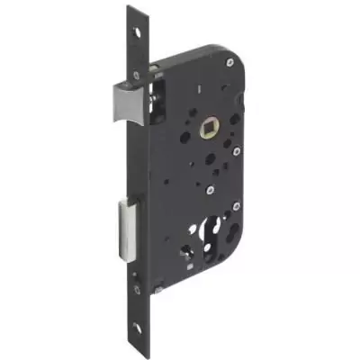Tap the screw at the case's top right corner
coord(230,61)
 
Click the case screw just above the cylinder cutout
coord(208,191)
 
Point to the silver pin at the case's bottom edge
coord(158,290)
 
